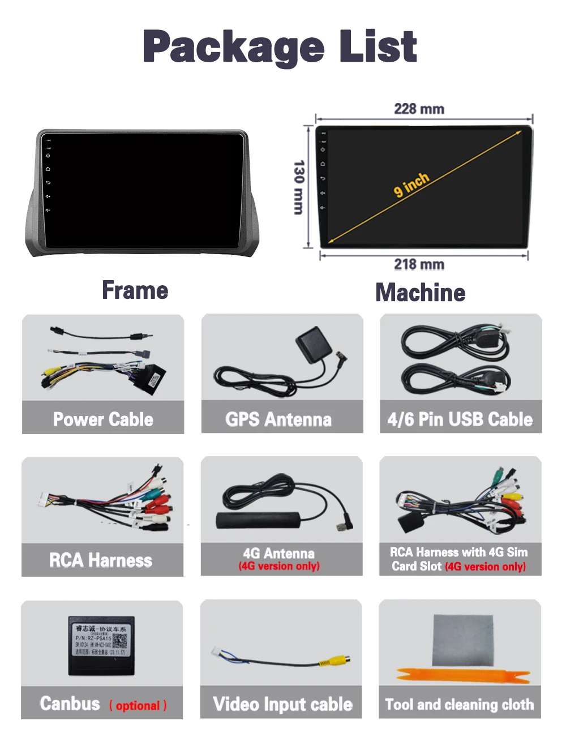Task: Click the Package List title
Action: tap(280, 47)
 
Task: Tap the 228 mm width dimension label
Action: tap(419, 109)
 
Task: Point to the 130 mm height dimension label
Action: tap(299, 187)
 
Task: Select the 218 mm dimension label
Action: tap(419, 264)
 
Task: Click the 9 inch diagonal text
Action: tap(411, 185)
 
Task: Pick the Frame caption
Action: tap(135, 290)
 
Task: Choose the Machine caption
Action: tap(421, 293)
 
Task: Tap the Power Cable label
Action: tap(103, 419)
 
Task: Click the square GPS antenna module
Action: tap(313, 345)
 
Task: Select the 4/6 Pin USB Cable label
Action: tap(460, 419)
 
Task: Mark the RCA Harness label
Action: tap(101, 560)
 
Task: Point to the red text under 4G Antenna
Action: tap(279, 566)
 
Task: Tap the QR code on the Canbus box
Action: tap(119, 641)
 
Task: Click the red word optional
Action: tap(138, 706)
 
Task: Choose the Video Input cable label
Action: tap(282, 704)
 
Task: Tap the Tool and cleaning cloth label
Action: tap(459, 705)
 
